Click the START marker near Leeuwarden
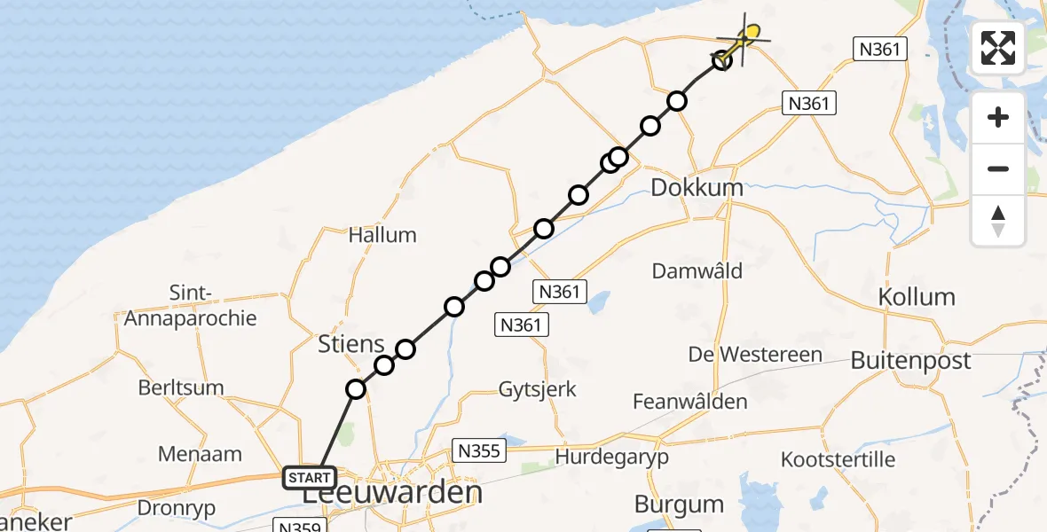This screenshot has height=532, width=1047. (309, 479)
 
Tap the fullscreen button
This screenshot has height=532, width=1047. (998, 48)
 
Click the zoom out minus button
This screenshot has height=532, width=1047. (998, 168)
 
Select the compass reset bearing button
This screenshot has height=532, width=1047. (998, 220)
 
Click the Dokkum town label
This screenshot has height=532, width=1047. (697, 188)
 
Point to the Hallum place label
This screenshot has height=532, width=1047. (382, 235)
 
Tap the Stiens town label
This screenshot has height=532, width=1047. (351, 344)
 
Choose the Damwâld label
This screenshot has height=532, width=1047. (697, 271)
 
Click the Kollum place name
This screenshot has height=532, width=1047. (917, 297)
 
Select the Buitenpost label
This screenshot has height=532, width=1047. (910, 361)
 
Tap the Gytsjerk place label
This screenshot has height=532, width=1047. (538, 389)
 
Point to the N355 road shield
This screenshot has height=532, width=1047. (478, 450)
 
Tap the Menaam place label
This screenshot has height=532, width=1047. (200, 454)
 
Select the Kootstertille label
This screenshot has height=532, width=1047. (838, 460)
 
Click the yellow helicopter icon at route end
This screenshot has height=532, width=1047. (750, 35)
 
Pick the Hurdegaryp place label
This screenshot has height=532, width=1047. (612, 458)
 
